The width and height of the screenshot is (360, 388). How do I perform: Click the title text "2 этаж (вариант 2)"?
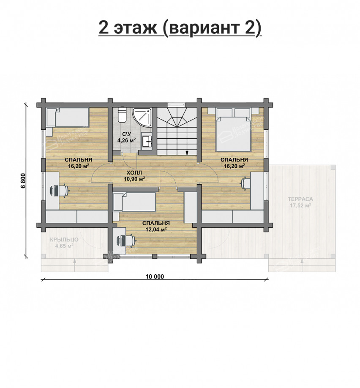[x=180, y=28]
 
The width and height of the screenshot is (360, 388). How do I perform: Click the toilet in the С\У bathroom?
[x=122, y=115]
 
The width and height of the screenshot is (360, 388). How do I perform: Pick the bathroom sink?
[x=147, y=141]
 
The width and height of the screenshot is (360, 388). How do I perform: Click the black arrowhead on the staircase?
[x=186, y=152]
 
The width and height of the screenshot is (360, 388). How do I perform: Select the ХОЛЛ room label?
[x=134, y=172]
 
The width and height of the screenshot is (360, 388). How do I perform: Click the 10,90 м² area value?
[x=134, y=179]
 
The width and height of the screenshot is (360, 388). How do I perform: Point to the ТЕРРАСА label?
[x=300, y=199]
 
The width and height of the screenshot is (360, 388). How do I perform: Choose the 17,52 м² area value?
[x=300, y=206]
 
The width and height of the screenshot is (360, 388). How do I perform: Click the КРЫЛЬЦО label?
[x=64, y=239]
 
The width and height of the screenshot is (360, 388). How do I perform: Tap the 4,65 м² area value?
[x=64, y=246]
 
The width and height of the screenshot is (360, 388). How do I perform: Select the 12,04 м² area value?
[x=156, y=230]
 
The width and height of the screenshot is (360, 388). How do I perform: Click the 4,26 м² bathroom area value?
[x=126, y=140]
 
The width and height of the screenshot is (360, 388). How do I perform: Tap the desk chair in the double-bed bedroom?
[x=244, y=183]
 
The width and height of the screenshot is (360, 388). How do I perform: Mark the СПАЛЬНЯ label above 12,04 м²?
[x=156, y=223]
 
